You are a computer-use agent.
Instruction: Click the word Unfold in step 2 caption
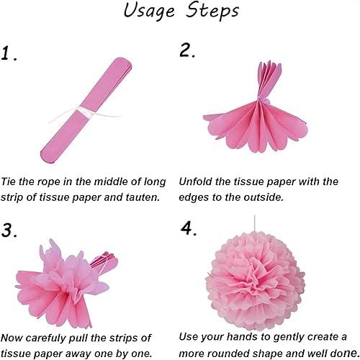click(x=197, y=181)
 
